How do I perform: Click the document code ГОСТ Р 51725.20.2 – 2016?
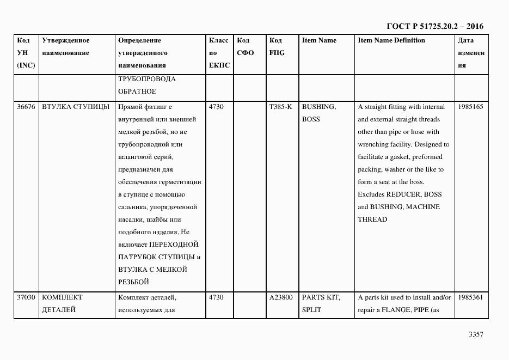[x=434, y=26]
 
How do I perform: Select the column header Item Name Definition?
[x=391, y=40]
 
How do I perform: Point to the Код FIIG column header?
[x=277, y=47]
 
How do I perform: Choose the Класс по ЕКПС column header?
[x=219, y=53]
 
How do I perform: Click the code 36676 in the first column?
[x=26, y=107]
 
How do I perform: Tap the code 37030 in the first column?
[x=26, y=297]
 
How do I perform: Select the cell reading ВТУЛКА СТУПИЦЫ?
[x=76, y=107]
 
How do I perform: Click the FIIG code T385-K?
[x=280, y=107]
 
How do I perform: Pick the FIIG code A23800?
[x=280, y=297]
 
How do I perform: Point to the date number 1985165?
[x=470, y=107]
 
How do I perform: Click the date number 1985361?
[x=470, y=297]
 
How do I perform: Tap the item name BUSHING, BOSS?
[x=319, y=113]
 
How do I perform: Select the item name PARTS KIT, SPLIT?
[x=321, y=303]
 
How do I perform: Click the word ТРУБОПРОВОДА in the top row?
[x=146, y=79]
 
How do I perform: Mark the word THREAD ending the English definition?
[x=372, y=219]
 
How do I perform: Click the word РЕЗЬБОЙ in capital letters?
[x=133, y=282]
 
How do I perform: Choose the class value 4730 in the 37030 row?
[x=216, y=297]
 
